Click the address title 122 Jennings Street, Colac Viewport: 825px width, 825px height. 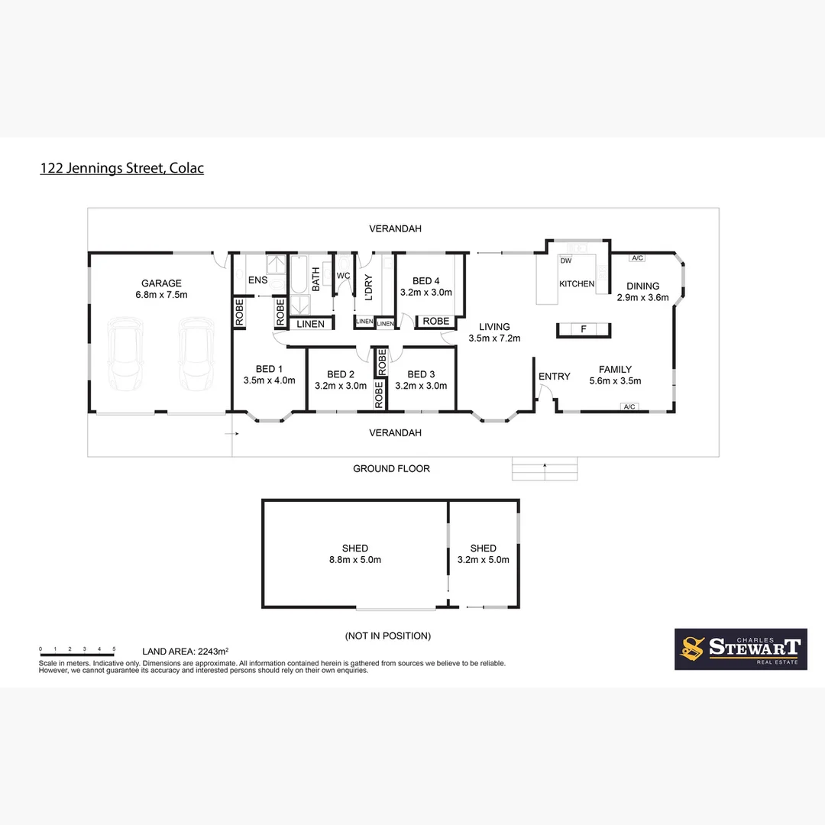121,168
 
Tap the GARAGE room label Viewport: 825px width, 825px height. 160,283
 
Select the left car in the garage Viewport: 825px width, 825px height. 125,354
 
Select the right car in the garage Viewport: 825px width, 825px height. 194,354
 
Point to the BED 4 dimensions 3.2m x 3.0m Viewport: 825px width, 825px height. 425,292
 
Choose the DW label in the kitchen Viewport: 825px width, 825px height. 566,260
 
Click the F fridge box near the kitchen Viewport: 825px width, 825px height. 584,329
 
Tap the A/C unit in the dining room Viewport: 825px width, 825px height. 638,257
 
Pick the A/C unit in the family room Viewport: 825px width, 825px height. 629,406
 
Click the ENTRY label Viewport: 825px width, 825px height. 554,376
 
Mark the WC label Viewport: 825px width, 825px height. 343,275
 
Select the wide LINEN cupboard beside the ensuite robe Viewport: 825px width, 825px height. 310,324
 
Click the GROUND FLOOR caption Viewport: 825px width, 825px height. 391,468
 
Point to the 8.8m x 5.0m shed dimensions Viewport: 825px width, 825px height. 355,559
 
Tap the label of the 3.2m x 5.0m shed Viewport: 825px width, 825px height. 483,548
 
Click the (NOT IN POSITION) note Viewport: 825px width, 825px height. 388,636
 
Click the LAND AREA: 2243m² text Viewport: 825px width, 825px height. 186,651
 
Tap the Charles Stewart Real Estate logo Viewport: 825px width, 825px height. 740,649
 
